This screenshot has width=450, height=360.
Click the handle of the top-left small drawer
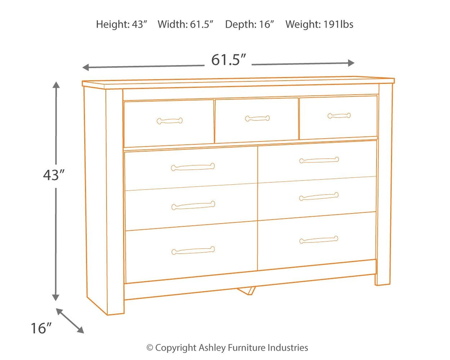(x=169, y=120)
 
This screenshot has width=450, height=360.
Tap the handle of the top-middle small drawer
(x=257, y=119)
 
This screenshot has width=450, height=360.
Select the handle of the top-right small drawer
(x=339, y=116)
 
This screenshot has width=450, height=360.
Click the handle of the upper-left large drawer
(x=193, y=167)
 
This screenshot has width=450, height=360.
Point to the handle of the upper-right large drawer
(x=319, y=160)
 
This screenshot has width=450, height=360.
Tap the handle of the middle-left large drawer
(x=193, y=205)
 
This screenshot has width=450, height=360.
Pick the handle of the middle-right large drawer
(x=319, y=196)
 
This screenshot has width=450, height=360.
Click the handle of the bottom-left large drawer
(x=193, y=251)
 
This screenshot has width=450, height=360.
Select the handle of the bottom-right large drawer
(x=319, y=240)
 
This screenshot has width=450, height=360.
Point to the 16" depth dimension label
(x=41, y=328)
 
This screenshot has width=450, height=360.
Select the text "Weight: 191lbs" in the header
(x=319, y=24)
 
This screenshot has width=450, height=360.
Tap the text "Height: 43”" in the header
(x=122, y=24)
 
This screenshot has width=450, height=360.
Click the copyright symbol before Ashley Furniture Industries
(x=150, y=348)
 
